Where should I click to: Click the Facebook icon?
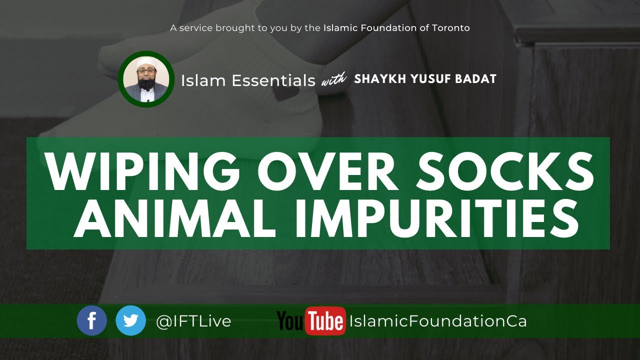(x=92, y=320)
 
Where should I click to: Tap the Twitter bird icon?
(x=130, y=320)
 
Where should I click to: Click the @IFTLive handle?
(x=193, y=321)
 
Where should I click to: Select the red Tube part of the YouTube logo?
(x=325, y=321)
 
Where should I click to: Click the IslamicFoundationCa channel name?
(x=438, y=321)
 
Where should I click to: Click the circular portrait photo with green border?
(x=146, y=79)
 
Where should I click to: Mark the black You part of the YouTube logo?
(x=289, y=321)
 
